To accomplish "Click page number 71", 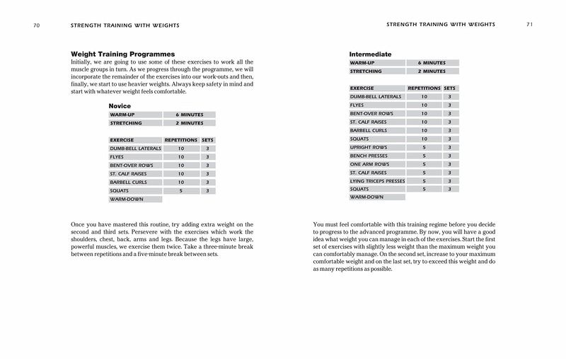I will click(x=529, y=26).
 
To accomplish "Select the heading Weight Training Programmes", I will click(x=123, y=54).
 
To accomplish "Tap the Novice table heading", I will click(x=120, y=105).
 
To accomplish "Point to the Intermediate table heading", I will click(x=371, y=54).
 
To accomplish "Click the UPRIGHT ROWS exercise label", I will click(x=367, y=147).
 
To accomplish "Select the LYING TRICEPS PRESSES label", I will click(x=378, y=181).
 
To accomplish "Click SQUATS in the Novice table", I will click(x=119, y=191).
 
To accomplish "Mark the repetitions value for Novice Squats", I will click(x=180, y=191).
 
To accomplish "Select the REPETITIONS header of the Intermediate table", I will click(x=424, y=88).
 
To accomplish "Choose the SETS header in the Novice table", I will click(x=207, y=140).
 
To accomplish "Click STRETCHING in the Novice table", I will click(x=125, y=122).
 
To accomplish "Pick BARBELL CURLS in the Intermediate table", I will click(x=368, y=130).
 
